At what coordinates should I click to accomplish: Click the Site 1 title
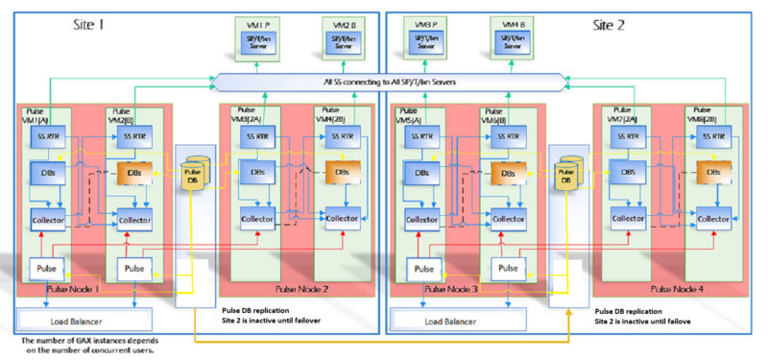[88, 23]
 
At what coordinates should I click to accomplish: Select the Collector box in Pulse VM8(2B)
[713, 218]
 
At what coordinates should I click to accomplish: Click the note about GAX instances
[91, 346]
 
